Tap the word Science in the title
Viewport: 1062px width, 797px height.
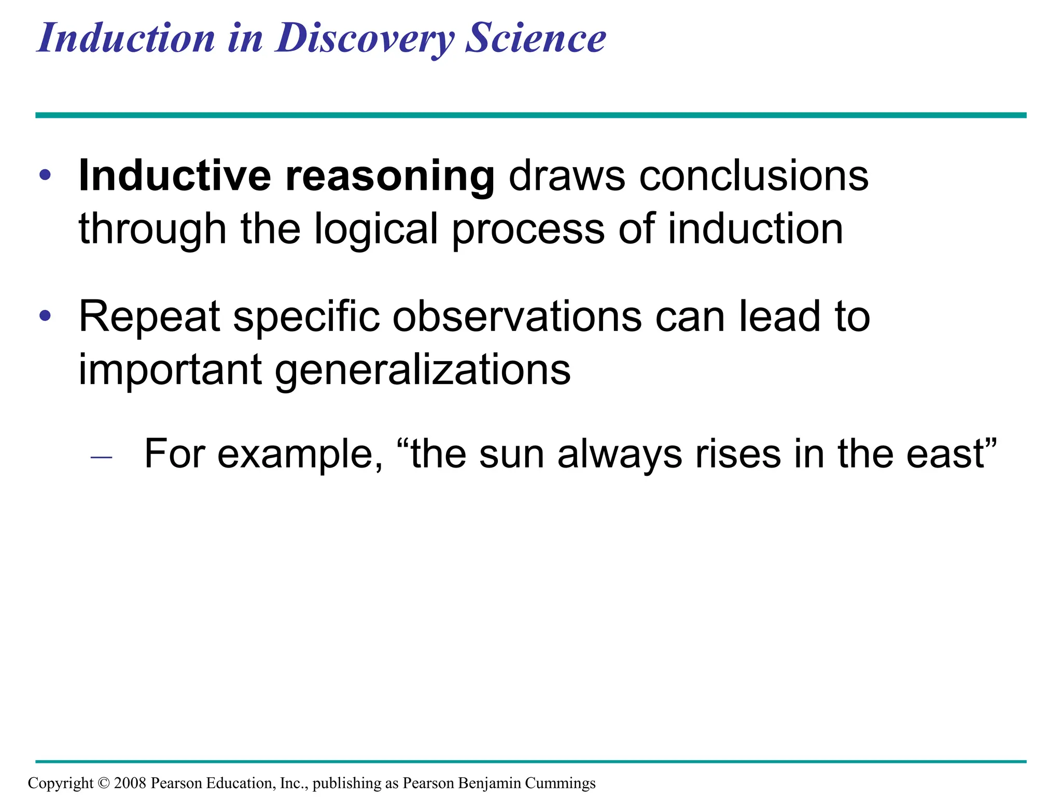pyautogui.click(x=535, y=38)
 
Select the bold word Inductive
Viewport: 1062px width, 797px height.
pyautogui.click(x=174, y=176)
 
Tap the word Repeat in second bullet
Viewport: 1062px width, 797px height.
pyautogui.click(x=149, y=317)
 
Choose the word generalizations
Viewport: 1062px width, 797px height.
pyautogui.click(x=422, y=370)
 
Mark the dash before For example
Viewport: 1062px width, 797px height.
pyautogui.click(x=101, y=457)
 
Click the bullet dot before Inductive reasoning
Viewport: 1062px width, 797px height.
pyautogui.click(x=46, y=175)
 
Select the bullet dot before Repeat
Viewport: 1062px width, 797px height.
pyautogui.click(x=46, y=315)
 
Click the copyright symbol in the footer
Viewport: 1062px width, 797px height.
pyautogui.click(x=104, y=783)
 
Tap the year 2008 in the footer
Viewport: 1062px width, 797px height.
pyautogui.click(x=131, y=783)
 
